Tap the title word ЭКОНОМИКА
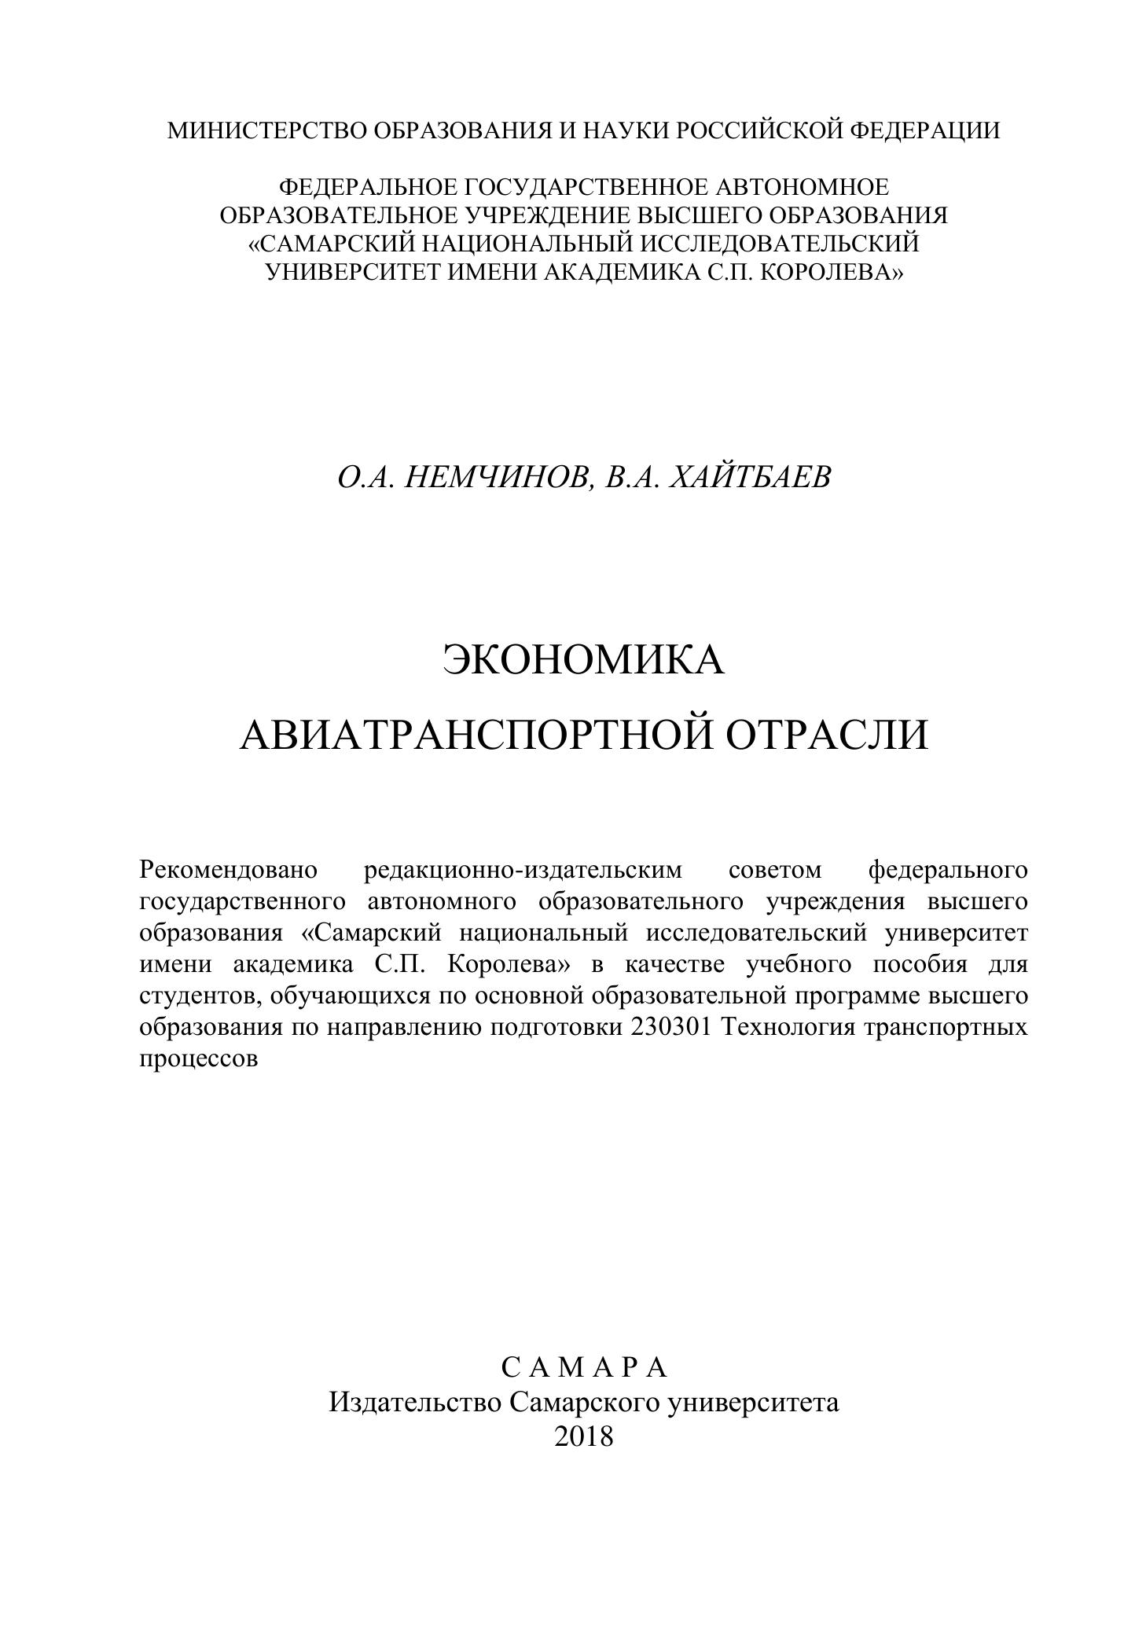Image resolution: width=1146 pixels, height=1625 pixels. [x=583, y=658]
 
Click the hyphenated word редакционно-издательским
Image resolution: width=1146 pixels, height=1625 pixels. [x=524, y=870]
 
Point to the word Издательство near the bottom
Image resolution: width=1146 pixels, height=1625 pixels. [x=415, y=1402]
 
